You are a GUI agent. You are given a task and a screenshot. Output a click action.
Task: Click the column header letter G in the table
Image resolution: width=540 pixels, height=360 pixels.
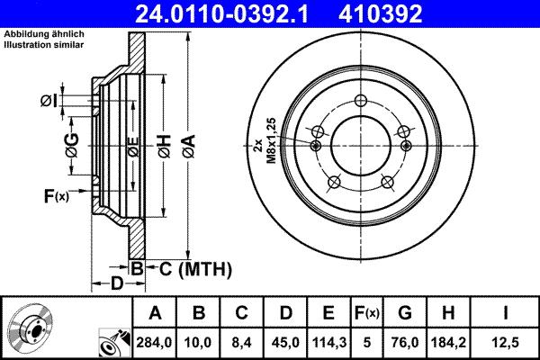pos(405,313)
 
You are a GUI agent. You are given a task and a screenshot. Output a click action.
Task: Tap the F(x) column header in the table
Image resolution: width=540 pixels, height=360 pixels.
pos(367,313)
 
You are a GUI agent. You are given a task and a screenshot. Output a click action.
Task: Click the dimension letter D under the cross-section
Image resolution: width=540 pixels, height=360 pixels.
pos(116,285)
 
